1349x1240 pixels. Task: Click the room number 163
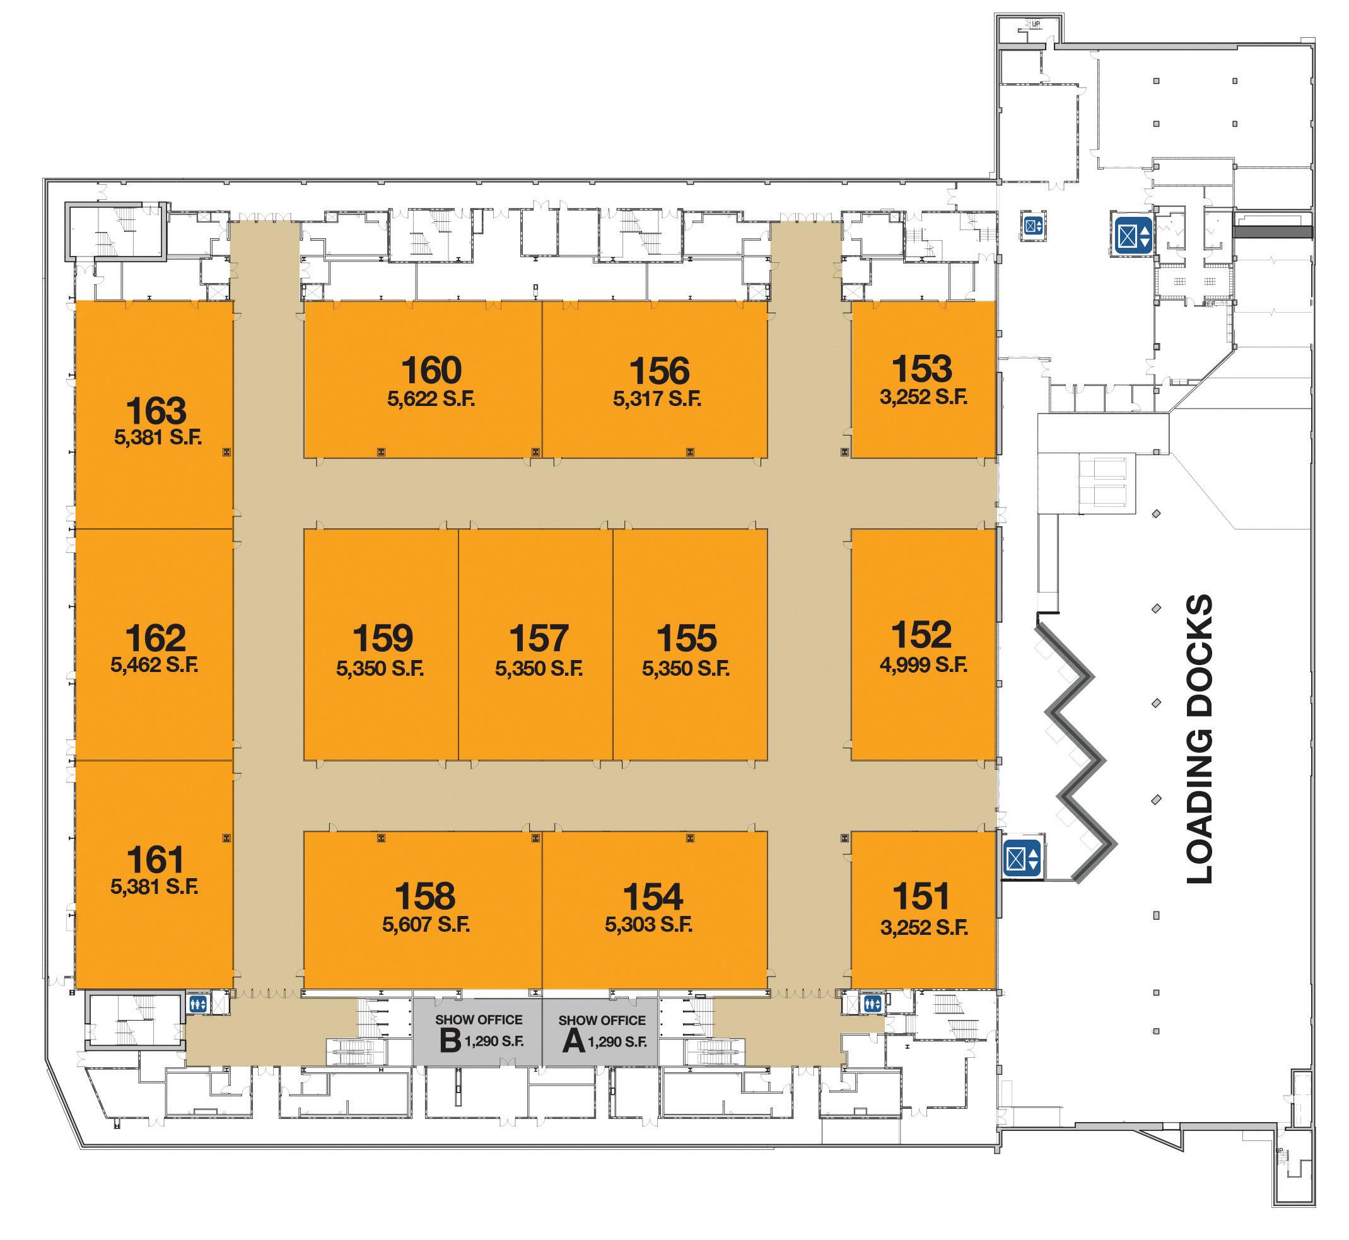pyautogui.click(x=156, y=410)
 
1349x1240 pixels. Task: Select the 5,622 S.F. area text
pyautogui.click(x=431, y=399)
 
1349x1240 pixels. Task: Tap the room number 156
pyautogui.click(x=659, y=371)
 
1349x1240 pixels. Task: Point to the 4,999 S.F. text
pyautogui.click(x=923, y=664)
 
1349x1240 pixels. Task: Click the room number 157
pyautogui.click(x=538, y=637)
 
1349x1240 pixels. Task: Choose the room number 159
pyautogui.click(x=383, y=637)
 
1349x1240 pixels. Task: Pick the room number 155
pyautogui.click(x=686, y=637)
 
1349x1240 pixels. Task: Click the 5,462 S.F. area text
pyautogui.click(x=155, y=665)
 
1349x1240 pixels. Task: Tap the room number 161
pyautogui.click(x=155, y=859)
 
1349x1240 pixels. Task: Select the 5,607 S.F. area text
pyautogui.click(x=426, y=925)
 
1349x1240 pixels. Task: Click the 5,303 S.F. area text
pyautogui.click(x=648, y=925)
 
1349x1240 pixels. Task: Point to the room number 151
pyautogui.click(x=922, y=896)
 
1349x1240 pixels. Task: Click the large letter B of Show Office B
pyautogui.click(x=450, y=1041)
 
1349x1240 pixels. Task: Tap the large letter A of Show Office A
pyautogui.click(x=573, y=1042)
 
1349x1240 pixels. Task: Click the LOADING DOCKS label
pyautogui.click(x=1200, y=738)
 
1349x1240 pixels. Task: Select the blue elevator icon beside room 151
pyautogui.click(x=1022, y=858)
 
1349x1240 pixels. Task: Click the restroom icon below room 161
pyautogui.click(x=197, y=1004)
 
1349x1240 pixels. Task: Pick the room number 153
pyautogui.click(x=922, y=368)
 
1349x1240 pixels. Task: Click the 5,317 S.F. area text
pyautogui.click(x=657, y=399)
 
